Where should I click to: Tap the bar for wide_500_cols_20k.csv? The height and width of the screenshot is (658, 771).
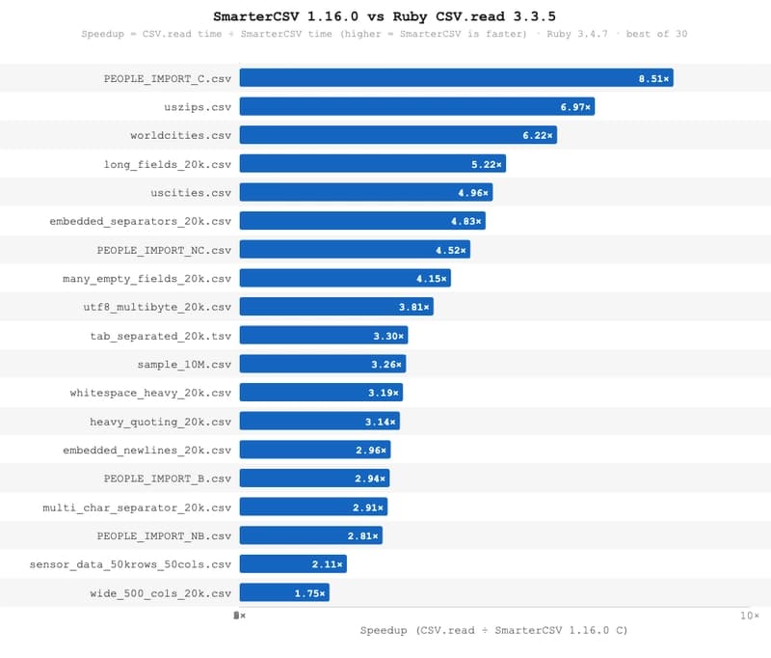coord(284,593)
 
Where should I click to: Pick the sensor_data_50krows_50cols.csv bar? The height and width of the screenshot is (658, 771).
coord(293,564)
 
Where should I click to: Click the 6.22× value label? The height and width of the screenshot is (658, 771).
coord(538,136)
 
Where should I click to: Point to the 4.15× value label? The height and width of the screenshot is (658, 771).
coord(432,279)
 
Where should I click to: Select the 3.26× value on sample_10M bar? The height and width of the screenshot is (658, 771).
coord(386,365)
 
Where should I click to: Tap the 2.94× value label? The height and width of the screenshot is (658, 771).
coord(370,479)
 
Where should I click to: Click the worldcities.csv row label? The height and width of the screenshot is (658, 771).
coord(181,136)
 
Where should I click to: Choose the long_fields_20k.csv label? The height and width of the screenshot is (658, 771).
coord(168,164)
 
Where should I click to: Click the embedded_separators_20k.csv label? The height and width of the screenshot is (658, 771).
coord(141,222)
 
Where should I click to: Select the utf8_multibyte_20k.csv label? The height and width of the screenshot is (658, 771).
coord(158,307)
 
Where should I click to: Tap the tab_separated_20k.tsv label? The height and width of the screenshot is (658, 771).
coord(161,336)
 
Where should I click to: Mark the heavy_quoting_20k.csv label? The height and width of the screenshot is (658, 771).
coord(161,422)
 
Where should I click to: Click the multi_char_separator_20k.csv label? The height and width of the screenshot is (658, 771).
coord(137,507)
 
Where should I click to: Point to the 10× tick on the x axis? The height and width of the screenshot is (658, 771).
coord(750,615)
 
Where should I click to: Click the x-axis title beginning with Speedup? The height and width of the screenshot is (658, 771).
coord(493,631)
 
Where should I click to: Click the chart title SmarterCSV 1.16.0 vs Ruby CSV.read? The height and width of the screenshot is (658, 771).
coord(385,17)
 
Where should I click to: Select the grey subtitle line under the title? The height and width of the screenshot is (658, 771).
coord(385,35)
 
